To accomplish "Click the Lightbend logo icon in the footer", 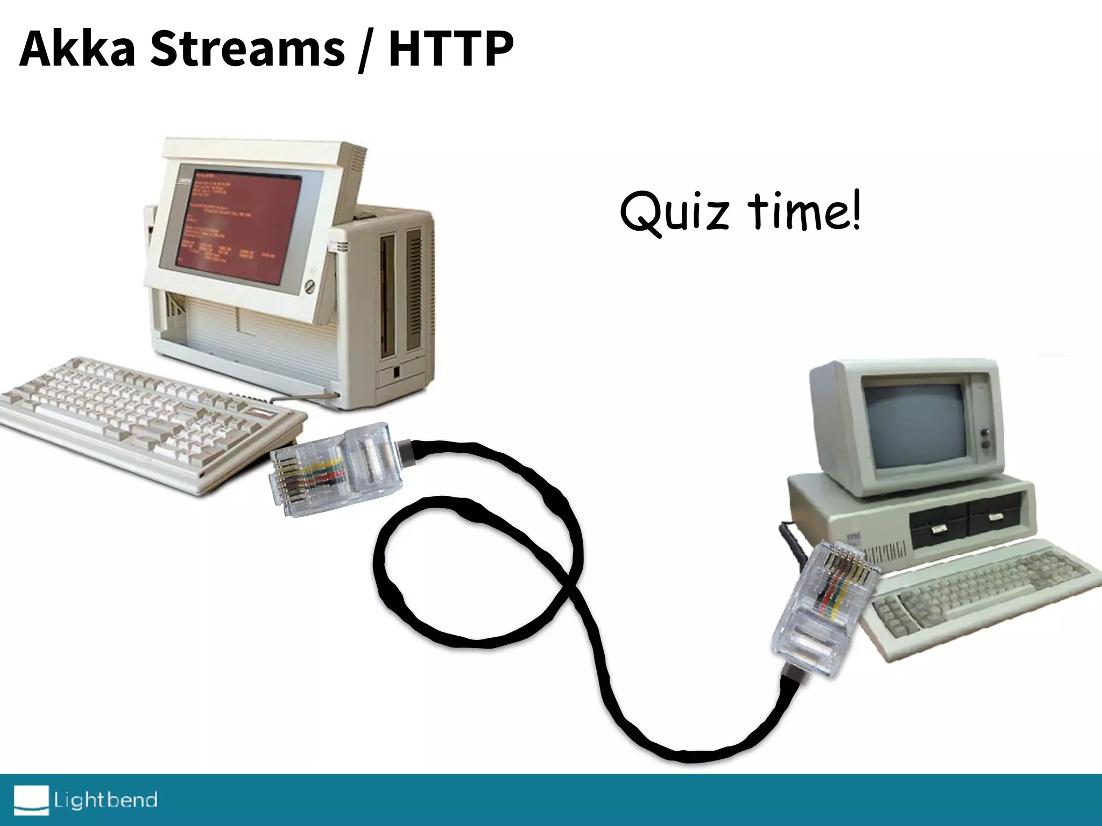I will point(31,800).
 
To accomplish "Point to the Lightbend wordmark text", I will point(105,800).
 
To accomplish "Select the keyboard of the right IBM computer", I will point(979,597).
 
